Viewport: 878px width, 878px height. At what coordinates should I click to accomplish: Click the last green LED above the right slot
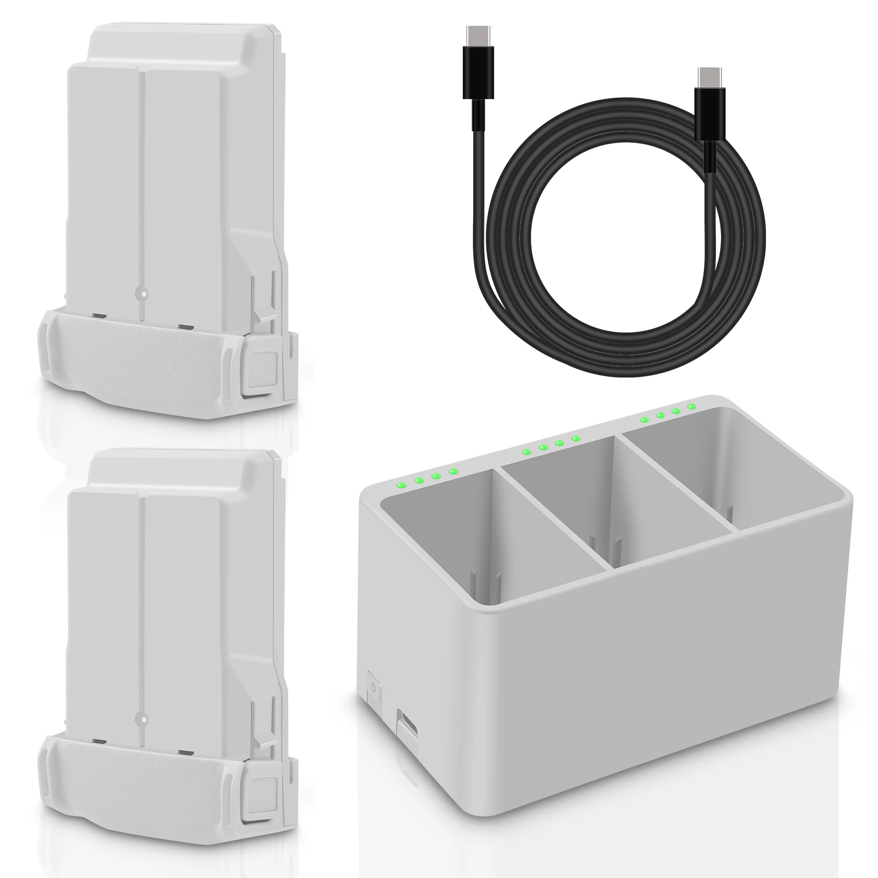click(691, 407)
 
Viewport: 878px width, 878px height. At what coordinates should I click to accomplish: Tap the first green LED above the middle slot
click(526, 452)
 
